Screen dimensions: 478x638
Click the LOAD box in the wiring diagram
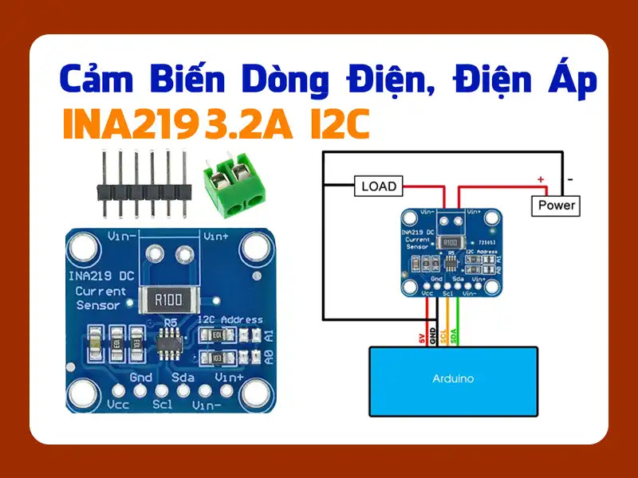coord(378,186)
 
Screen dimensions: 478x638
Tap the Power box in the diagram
coord(557,205)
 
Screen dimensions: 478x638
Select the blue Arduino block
coord(451,381)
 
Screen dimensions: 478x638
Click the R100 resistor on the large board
coord(169,300)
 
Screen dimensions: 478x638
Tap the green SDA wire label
coord(455,338)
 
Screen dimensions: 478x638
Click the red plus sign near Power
coord(541,180)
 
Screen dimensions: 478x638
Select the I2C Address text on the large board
coord(230,319)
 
